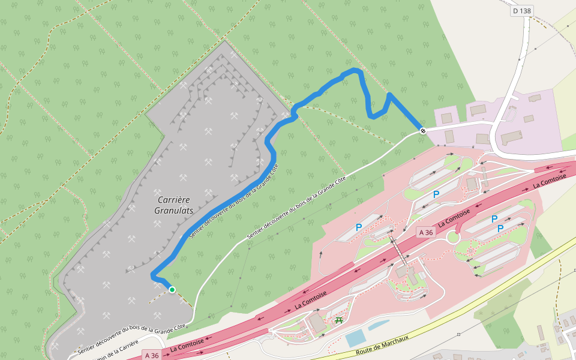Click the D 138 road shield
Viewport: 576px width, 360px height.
pos(522,11)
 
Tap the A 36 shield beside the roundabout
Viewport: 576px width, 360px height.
pos(425,232)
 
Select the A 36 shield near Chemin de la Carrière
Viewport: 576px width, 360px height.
pos(151,355)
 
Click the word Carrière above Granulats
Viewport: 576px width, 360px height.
pos(173,199)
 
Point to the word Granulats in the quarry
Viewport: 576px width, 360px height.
pos(174,211)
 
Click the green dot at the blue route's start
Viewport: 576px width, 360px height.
pos(172,290)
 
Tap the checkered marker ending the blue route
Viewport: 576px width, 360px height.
pos(423,130)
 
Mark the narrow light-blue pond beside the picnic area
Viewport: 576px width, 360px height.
pos(379,325)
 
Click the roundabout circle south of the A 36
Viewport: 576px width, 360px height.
pos(453,238)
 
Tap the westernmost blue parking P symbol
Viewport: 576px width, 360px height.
pos(359,227)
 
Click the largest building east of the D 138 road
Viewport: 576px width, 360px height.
pos(511,137)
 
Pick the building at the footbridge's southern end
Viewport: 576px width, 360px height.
pos(400,271)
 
